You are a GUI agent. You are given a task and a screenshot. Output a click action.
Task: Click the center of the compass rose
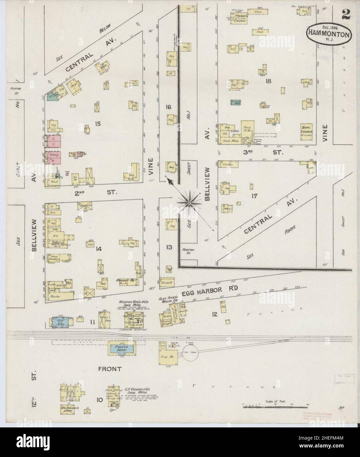189,204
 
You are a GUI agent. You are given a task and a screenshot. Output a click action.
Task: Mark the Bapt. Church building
306,129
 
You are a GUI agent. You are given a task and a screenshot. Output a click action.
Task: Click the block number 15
97,123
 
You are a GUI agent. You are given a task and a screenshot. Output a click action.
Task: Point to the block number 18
268,81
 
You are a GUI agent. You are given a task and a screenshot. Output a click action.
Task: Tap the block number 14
98,249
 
